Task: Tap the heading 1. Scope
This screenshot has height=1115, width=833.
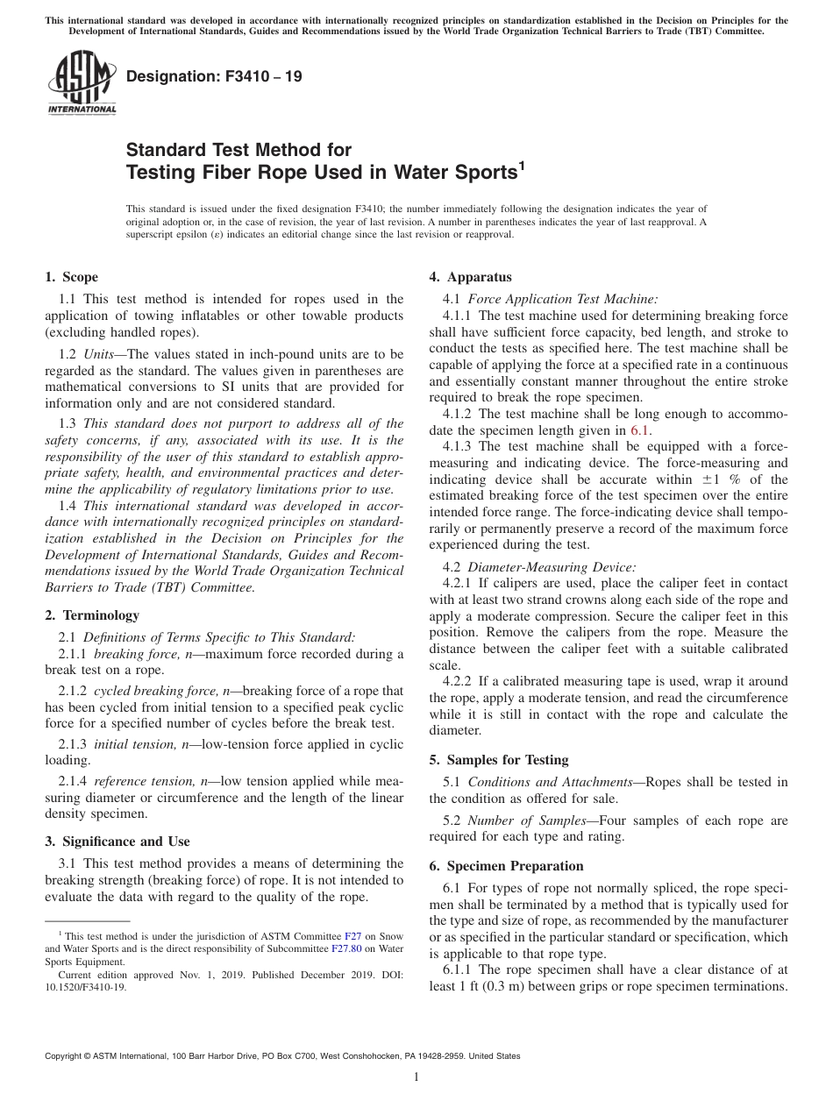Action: (72, 278)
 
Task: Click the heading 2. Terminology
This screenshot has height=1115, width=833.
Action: (92, 615)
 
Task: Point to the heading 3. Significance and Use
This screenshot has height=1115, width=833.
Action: (117, 842)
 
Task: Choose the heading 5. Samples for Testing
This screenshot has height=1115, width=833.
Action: (499, 760)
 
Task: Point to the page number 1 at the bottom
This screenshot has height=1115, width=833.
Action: (416, 1077)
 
